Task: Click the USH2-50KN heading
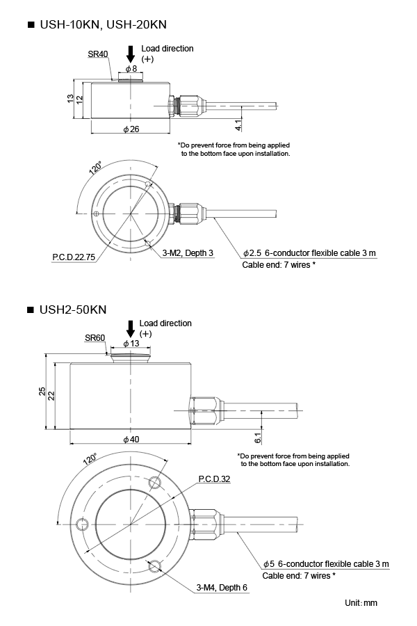(72, 308)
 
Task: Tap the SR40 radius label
(98, 54)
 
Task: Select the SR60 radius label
(95, 337)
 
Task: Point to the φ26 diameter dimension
(131, 129)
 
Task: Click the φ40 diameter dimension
(131, 440)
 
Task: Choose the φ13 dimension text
(131, 344)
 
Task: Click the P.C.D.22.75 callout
(74, 257)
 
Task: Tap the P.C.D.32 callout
(214, 479)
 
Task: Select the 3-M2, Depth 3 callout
(188, 253)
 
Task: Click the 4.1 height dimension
(238, 126)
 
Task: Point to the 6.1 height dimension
(258, 438)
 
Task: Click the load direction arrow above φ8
(130, 53)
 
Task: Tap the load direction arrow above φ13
(130, 328)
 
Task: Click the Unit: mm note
(361, 602)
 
